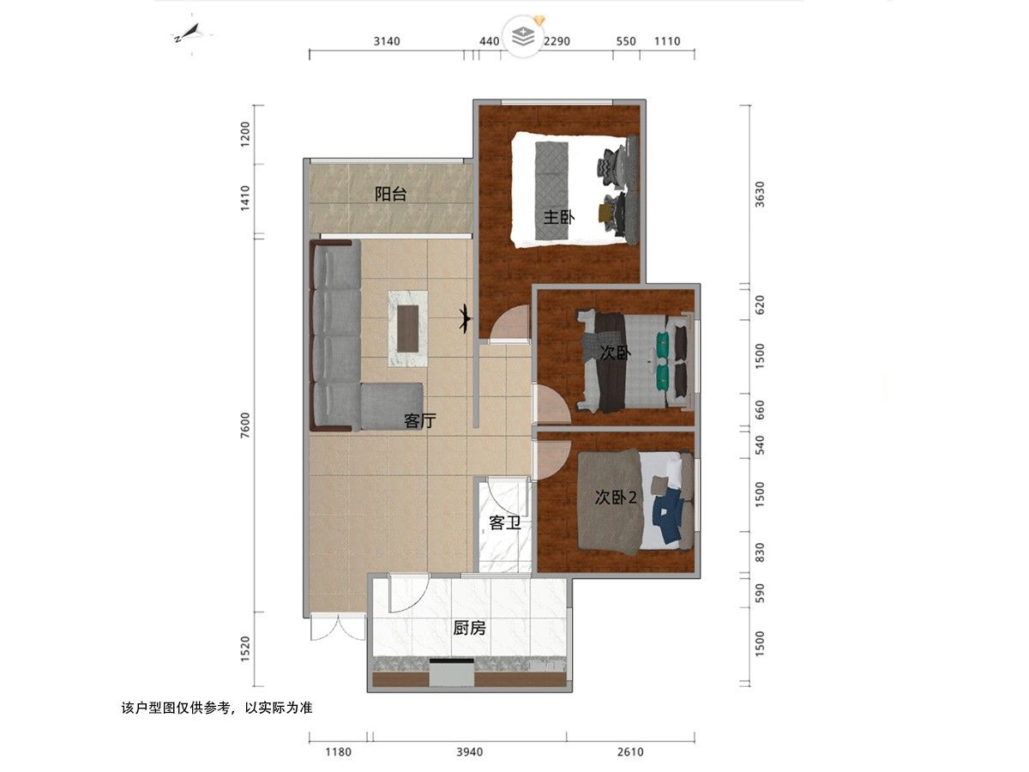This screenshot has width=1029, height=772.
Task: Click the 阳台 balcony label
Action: tap(390, 194)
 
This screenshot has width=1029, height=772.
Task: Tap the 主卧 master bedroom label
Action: tap(559, 217)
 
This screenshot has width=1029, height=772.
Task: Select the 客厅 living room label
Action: tap(420, 420)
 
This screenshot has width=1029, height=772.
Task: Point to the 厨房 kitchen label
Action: tap(469, 628)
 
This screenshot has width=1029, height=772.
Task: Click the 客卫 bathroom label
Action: tap(505, 522)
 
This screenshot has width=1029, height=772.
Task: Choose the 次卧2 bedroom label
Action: tap(616, 498)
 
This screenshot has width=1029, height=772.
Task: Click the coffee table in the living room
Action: tap(408, 329)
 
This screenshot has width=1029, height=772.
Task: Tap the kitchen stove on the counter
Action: tap(452, 672)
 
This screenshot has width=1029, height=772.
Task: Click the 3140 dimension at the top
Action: tap(387, 41)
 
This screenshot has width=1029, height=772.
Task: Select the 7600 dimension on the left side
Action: tap(245, 425)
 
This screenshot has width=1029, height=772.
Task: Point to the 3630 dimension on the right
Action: tap(760, 194)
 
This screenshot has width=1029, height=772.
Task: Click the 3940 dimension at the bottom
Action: tap(470, 752)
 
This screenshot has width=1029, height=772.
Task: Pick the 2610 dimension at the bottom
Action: tap(630, 752)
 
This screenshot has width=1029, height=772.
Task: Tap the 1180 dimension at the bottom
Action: tap(338, 752)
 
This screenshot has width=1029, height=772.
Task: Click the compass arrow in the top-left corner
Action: tap(191, 33)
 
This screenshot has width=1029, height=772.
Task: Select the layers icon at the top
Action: tap(524, 36)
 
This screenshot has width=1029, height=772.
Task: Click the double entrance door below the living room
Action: tap(338, 629)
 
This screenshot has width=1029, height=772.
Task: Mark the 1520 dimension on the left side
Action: tap(245, 649)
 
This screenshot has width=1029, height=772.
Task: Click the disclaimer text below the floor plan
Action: tap(217, 708)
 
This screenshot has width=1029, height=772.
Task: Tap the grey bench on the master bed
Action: tap(551, 190)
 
